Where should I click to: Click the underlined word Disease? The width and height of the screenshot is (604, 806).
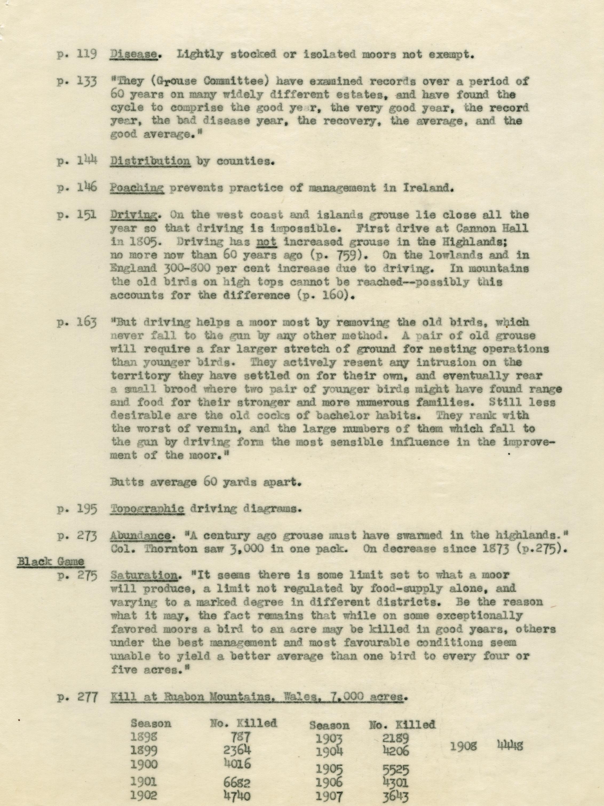pyautogui.click(x=133, y=55)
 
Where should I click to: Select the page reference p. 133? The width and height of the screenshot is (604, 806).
pyautogui.click(x=77, y=82)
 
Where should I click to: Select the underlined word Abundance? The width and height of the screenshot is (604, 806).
pyautogui.click(x=140, y=536)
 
